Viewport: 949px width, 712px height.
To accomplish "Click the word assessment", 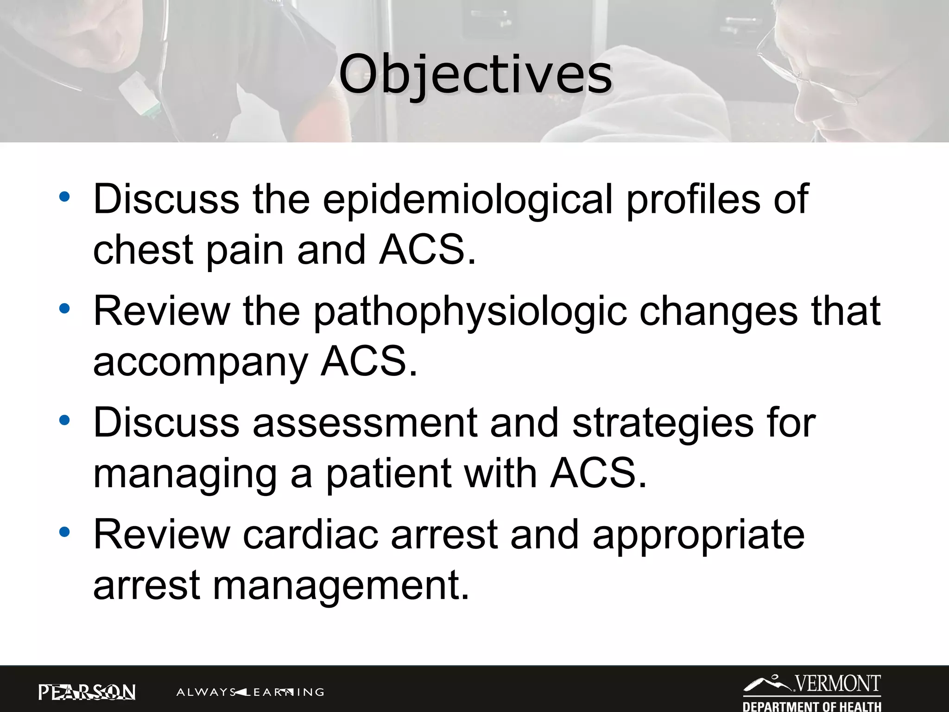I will click(x=365, y=423).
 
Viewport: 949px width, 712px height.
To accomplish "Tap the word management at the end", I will click(x=341, y=586).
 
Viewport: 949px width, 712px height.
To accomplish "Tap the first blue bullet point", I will click(x=64, y=197).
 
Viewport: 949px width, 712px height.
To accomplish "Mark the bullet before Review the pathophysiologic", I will click(x=64, y=309).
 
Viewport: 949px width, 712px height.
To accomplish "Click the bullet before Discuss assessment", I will click(x=64, y=420).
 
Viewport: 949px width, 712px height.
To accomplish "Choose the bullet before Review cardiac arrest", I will click(x=64, y=532).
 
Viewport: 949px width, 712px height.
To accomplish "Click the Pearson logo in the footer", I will click(x=87, y=692).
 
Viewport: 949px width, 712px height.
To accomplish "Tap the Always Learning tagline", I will click(x=250, y=693).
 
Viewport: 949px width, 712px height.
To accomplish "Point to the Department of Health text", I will click(x=812, y=706).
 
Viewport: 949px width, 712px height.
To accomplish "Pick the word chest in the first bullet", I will click(x=143, y=250).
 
